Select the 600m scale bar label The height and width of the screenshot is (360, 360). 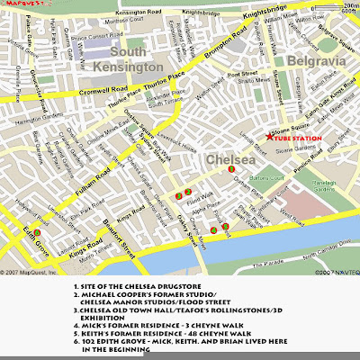[348, 13]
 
